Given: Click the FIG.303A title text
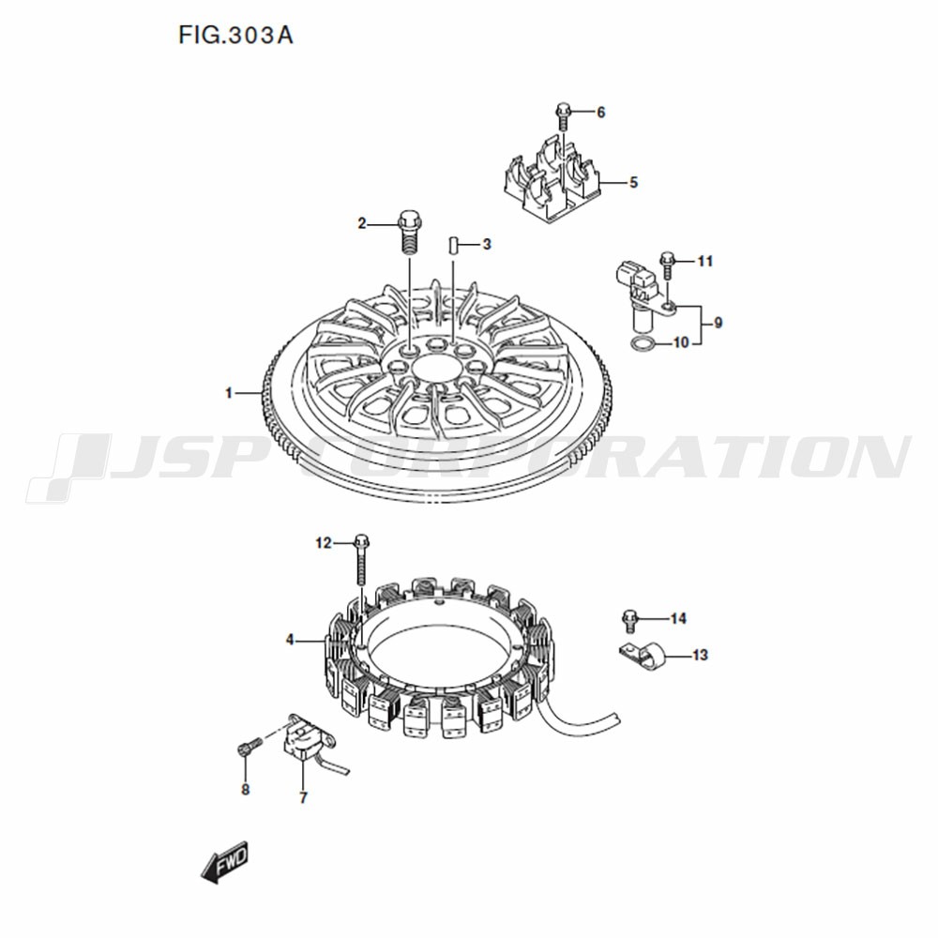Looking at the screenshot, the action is (235, 36).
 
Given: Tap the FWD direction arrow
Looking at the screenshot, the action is (224, 862).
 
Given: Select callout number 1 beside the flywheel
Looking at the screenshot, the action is (228, 393).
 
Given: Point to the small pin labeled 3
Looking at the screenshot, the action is (453, 245).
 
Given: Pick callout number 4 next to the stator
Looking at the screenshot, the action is (290, 640).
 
